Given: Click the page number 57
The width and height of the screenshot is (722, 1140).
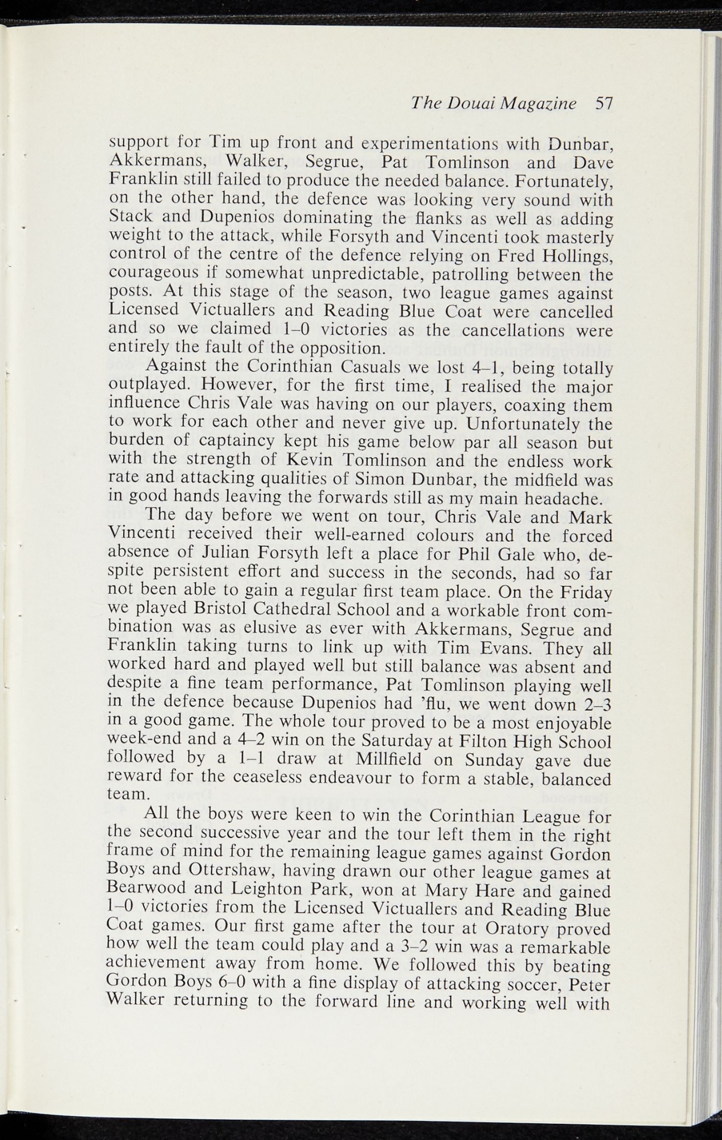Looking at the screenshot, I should point(603,104).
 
